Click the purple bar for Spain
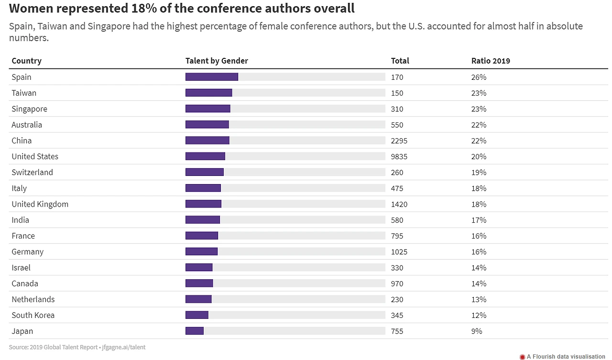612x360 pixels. (211, 77)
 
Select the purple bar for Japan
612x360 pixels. (195, 331)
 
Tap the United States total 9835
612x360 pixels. (399, 156)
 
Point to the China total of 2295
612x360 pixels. (399, 141)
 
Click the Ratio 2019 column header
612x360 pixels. (491, 61)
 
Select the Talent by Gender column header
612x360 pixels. (217, 61)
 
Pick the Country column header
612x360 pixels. (27, 61)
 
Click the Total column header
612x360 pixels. (400, 61)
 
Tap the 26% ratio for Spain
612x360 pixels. (479, 77)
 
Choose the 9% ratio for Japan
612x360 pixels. (477, 331)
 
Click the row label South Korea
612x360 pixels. (33, 315)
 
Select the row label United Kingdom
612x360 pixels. (40, 204)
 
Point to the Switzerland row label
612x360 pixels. (33, 172)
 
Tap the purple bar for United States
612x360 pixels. (205, 156)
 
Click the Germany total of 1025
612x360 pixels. (399, 251)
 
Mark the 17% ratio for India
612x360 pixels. (479, 220)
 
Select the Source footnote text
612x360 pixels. (77, 347)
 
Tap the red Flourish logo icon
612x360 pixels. (522, 356)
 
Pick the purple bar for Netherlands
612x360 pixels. (198, 299)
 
